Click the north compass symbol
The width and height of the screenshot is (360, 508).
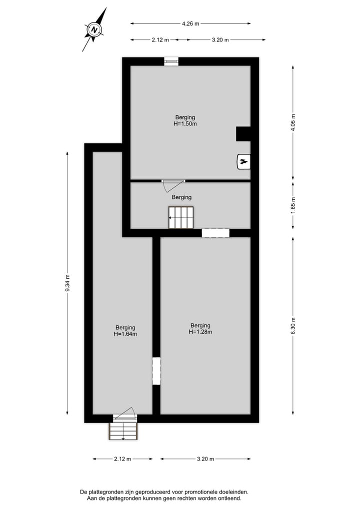pyautogui.click(x=94, y=30)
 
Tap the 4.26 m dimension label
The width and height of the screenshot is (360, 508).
pyautogui.click(x=190, y=23)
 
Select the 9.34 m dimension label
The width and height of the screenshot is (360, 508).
pyautogui.click(x=67, y=283)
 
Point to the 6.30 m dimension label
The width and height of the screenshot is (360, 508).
pyautogui.click(x=293, y=325)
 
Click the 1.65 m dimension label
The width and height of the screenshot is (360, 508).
pyautogui.click(x=293, y=205)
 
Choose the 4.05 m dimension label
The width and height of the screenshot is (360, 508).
pyautogui.click(x=293, y=123)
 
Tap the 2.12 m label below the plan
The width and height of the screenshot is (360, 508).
pyautogui.click(x=122, y=459)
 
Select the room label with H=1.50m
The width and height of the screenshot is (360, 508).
pyautogui.click(x=185, y=120)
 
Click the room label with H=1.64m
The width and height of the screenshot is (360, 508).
pyautogui.click(x=125, y=331)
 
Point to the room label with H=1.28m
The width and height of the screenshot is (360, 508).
pyautogui.click(x=200, y=328)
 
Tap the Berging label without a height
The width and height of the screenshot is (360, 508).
pyautogui.click(x=181, y=197)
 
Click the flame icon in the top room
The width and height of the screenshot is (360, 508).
pyautogui.click(x=243, y=161)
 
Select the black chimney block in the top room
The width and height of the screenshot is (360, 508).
pyautogui.click(x=243, y=134)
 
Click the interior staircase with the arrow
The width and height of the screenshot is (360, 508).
pyautogui.click(x=180, y=218)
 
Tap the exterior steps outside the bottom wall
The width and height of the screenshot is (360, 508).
pyautogui.click(x=123, y=431)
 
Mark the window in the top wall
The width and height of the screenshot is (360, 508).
pyautogui.click(x=171, y=61)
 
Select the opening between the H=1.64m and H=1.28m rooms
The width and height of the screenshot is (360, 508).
pyautogui.click(x=156, y=371)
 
